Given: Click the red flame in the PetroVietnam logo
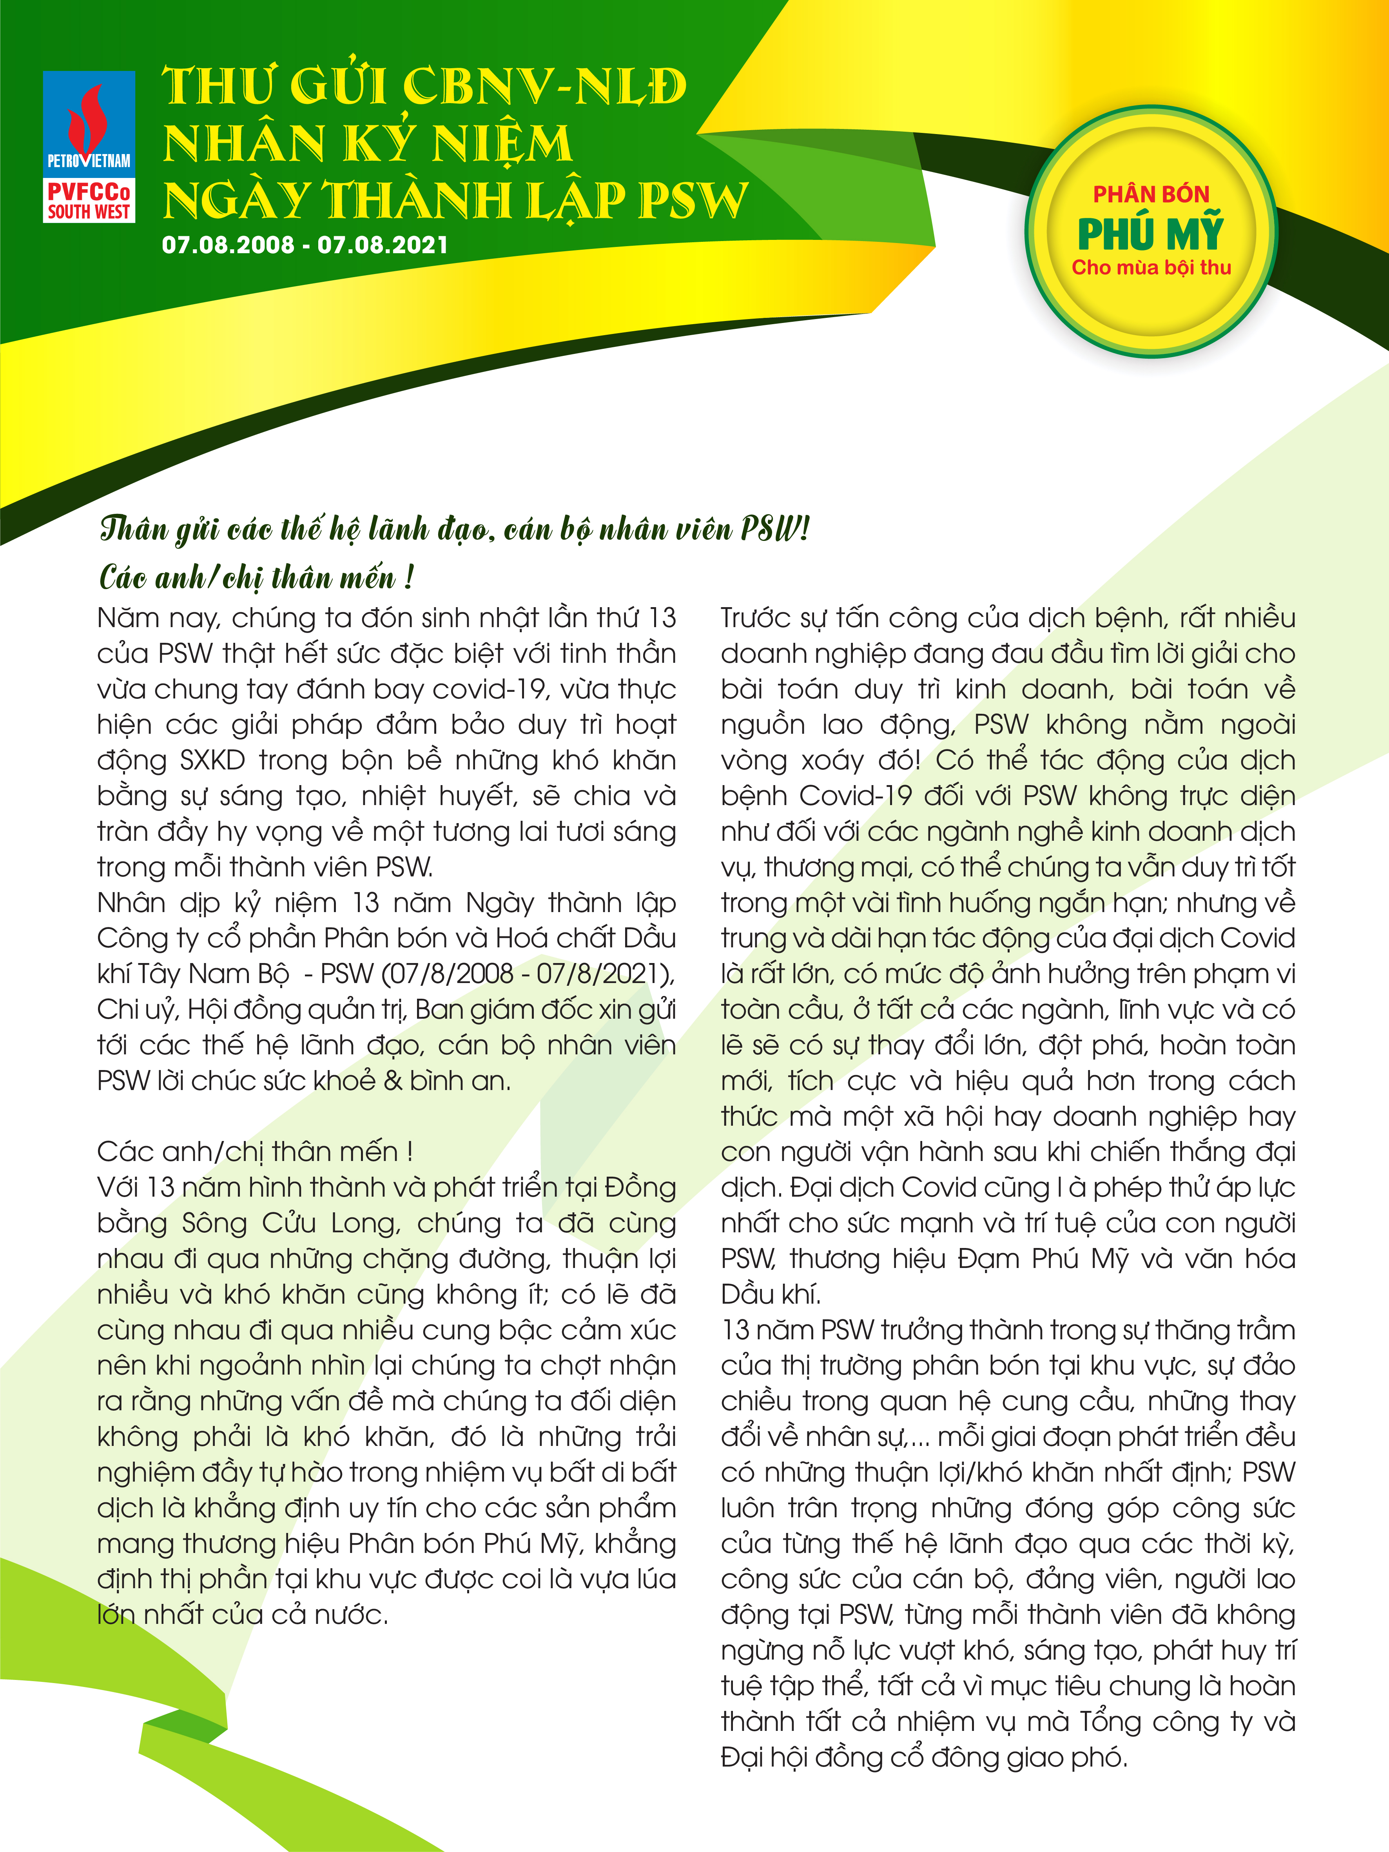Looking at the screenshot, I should pyautogui.click(x=86, y=117).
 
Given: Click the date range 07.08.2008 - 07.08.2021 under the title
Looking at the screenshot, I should pyautogui.click(x=305, y=245).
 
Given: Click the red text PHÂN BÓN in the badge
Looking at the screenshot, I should pyautogui.click(x=1150, y=194).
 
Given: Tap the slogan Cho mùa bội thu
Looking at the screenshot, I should pyautogui.click(x=1150, y=268).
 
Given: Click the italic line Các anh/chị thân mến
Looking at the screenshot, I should pyautogui.click(x=256, y=578).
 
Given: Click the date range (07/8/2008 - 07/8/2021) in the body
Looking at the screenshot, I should pyautogui.click(x=528, y=974).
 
